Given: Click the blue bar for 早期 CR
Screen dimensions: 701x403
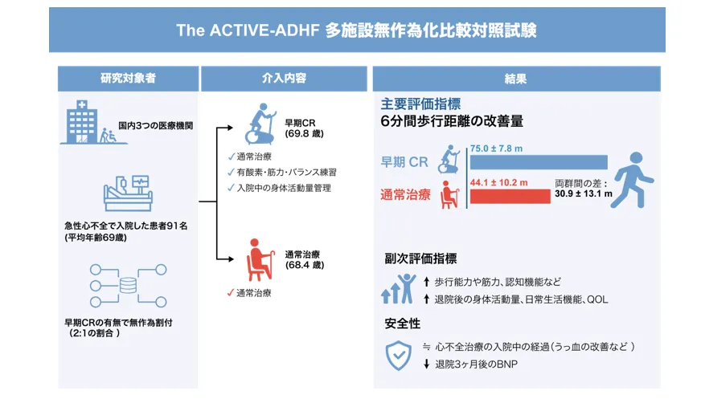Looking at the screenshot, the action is [x=539, y=162].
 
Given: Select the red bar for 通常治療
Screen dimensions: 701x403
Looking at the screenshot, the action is [x=510, y=197].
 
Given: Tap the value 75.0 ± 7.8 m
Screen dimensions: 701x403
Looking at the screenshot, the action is [x=496, y=149].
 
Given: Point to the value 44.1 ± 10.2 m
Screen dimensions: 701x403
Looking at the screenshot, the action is [x=499, y=182].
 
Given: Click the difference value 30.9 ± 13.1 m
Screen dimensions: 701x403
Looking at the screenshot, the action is [x=584, y=193].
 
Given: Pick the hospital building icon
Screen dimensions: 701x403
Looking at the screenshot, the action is [x=82, y=122].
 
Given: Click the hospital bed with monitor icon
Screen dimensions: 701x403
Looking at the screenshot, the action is [x=129, y=193].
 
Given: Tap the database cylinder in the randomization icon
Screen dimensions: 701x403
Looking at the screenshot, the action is [x=129, y=286].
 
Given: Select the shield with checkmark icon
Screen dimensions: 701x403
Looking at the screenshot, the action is [x=399, y=356].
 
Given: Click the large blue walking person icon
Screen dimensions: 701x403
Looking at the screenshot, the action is [x=633, y=181].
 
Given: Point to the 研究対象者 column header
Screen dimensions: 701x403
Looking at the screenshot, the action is [x=129, y=79].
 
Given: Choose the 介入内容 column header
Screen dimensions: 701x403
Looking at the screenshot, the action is [x=284, y=79].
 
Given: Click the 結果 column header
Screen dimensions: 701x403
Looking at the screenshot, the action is [x=516, y=79].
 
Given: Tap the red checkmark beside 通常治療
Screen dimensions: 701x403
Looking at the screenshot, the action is [x=230, y=293].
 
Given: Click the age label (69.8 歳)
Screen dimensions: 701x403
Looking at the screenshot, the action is [x=305, y=133].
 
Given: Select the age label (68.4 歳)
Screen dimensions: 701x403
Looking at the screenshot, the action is [x=305, y=265].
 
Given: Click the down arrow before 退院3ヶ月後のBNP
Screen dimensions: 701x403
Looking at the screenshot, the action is [x=427, y=364].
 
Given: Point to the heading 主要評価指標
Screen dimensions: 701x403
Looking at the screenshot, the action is [x=420, y=104].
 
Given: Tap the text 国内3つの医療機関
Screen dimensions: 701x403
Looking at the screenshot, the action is [x=156, y=126].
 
